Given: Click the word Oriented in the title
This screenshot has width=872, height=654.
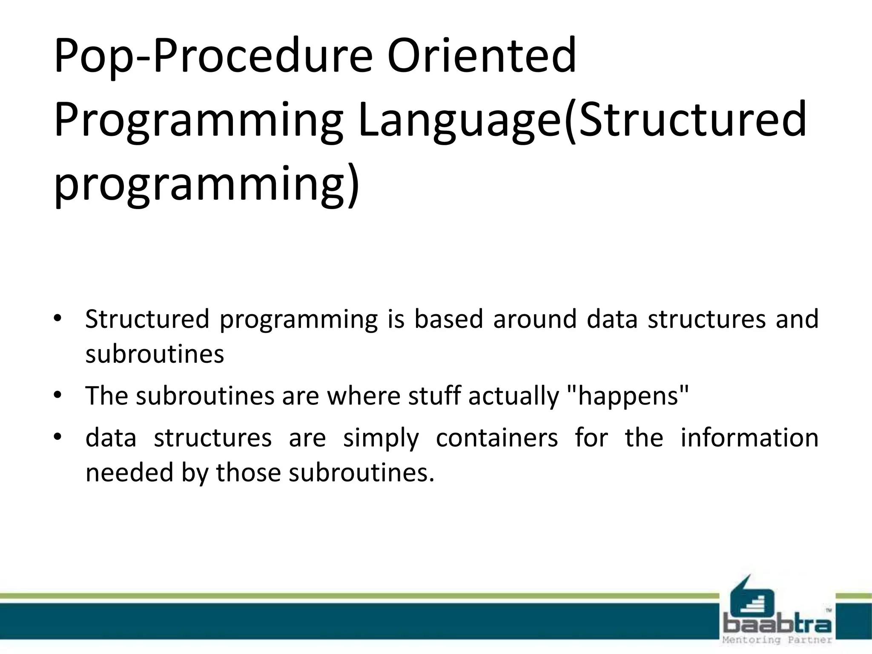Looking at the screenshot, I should click(481, 56).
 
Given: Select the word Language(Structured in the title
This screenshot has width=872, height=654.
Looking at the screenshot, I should click(582, 120).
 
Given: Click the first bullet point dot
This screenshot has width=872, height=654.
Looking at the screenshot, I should click(58, 318).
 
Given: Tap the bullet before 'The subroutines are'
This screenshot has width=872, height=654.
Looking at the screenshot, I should click(58, 396).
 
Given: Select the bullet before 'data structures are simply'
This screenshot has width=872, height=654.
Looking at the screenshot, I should click(58, 437).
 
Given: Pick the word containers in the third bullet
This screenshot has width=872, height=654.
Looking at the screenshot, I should click(496, 438).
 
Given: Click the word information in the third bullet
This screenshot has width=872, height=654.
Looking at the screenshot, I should click(749, 438).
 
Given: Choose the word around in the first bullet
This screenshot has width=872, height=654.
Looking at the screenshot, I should click(535, 319).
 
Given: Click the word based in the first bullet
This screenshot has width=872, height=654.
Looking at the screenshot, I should click(449, 319).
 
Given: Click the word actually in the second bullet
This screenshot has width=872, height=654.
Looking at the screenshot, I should click(513, 396).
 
